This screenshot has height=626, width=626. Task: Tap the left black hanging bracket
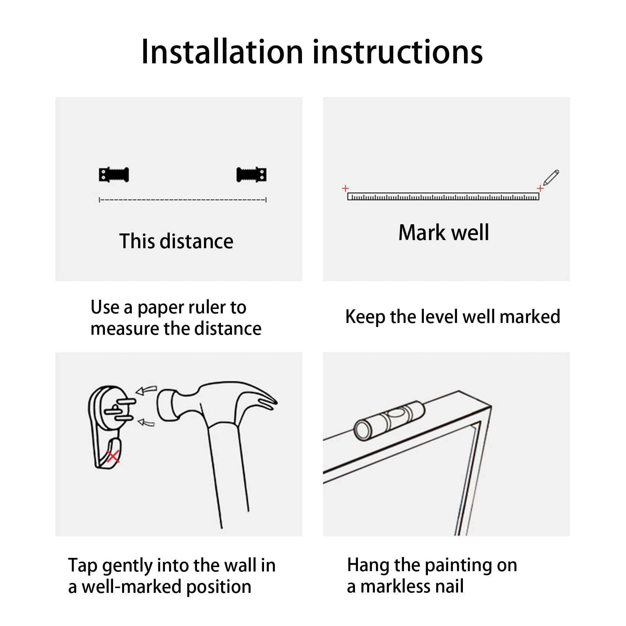coord(114,175)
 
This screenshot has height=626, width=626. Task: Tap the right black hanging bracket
coord(252,175)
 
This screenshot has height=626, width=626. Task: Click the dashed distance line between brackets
coord(183,200)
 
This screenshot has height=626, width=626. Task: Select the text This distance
coord(176,242)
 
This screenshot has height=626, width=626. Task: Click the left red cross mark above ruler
coord(345,188)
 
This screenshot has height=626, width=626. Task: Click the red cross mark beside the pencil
coord(540,188)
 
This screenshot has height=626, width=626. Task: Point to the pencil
coord(551,177)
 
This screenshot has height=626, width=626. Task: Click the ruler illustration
coord(443,196)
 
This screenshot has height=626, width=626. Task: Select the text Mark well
coord(444,233)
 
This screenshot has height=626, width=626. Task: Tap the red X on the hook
coord(113,457)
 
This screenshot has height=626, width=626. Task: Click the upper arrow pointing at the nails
coord(146,390)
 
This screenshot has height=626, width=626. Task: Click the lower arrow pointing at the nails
coord(146,423)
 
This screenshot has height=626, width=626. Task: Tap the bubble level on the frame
coord(389,420)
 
